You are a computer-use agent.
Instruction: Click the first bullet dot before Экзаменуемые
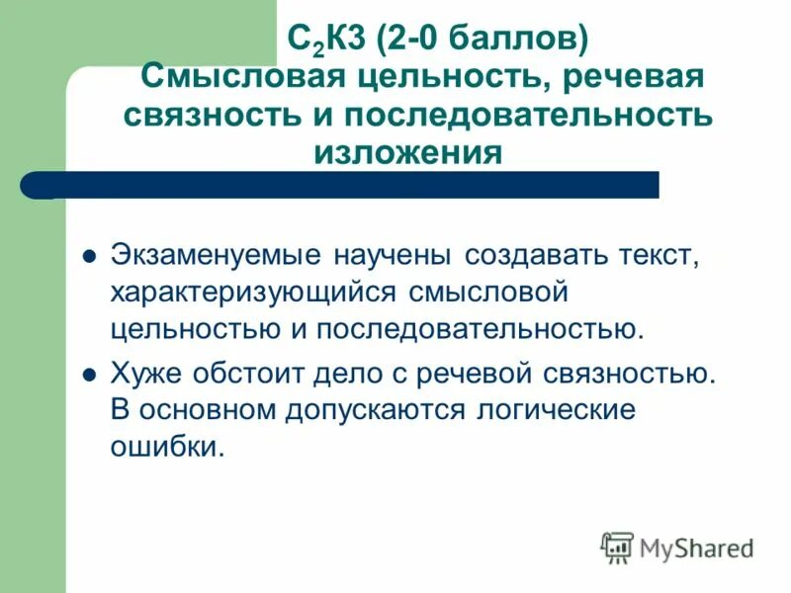[88, 255]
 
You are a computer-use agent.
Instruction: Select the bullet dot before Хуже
[88, 376]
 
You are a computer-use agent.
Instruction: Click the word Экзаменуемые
[216, 255]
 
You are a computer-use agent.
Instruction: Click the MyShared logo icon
[617, 548]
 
